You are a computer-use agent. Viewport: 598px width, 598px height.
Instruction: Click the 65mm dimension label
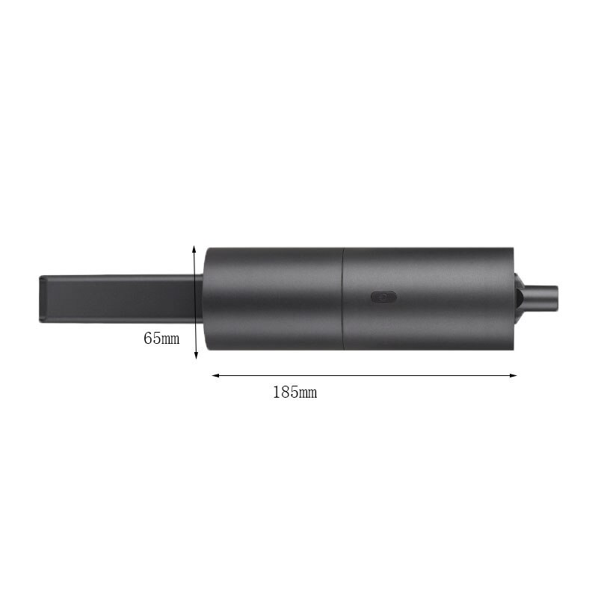(x=161, y=339)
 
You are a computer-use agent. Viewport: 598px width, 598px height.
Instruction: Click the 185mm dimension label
(x=295, y=392)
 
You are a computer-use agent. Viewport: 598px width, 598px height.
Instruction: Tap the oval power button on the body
(x=383, y=297)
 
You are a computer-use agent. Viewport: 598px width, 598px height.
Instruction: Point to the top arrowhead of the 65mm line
(x=194, y=249)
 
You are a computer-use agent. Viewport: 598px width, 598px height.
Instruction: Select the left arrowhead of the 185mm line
(x=216, y=375)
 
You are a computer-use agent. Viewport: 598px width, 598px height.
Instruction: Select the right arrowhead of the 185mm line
(x=513, y=375)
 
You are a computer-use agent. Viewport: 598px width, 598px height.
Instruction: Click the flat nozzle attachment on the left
(x=120, y=299)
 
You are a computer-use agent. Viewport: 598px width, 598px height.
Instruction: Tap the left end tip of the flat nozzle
(x=40, y=299)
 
